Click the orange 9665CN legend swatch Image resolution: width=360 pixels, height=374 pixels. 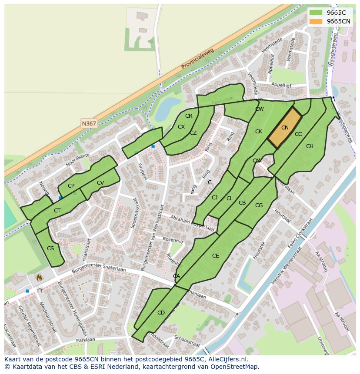tap(316, 21)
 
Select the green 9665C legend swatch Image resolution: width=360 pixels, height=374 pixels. tap(316, 13)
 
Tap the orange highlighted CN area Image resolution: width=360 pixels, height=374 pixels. tap(285, 128)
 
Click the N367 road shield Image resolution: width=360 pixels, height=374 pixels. tap(89, 123)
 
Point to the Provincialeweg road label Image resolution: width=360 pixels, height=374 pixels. tap(198, 58)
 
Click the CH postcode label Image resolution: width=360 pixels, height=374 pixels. tap(310, 146)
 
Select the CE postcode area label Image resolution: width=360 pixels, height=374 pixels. tap(215, 256)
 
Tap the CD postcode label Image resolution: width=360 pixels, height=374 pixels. tap(161, 313)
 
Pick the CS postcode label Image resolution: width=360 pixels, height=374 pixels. tap(50, 248)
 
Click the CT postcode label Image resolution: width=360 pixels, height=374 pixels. tap(57, 211)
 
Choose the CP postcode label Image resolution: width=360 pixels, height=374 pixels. tap(71, 186)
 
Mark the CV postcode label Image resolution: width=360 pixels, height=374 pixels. tap(100, 183)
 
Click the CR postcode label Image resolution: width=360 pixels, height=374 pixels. tap(189, 116)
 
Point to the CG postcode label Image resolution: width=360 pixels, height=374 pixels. tap(259, 205)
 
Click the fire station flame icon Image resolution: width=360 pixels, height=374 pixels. tap(39, 277)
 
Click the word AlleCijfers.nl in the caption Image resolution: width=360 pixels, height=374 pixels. tap(227, 359)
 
